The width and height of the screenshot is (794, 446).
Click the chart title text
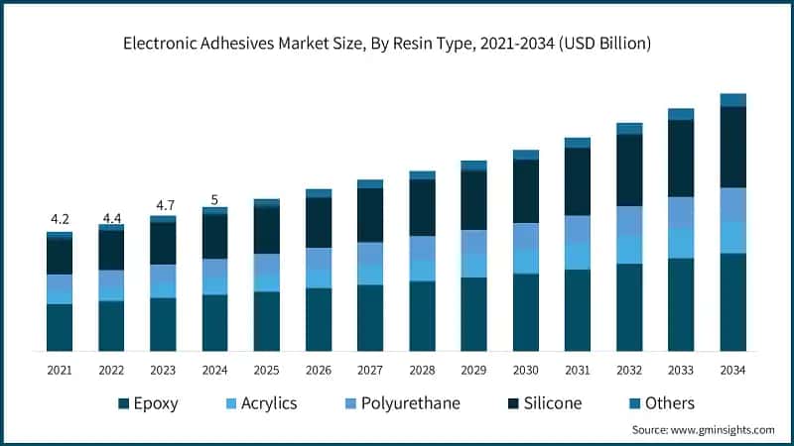(397, 44)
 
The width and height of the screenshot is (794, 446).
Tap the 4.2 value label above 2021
(60, 219)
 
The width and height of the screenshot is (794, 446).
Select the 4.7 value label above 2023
(163, 204)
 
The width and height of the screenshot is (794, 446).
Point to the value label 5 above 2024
(214, 197)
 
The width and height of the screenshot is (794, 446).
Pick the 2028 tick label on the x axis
(422, 369)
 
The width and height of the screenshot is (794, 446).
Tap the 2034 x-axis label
(732, 369)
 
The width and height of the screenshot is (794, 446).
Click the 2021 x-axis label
(60, 369)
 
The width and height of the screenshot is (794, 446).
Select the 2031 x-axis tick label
(577, 369)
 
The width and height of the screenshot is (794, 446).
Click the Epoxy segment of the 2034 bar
(732, 302)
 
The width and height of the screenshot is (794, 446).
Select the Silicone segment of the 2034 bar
(732, 147)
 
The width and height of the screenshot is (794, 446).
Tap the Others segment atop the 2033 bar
(681, 114)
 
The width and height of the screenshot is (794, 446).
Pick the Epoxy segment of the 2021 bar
(60, 327)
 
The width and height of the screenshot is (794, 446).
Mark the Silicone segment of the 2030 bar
(525, 191)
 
